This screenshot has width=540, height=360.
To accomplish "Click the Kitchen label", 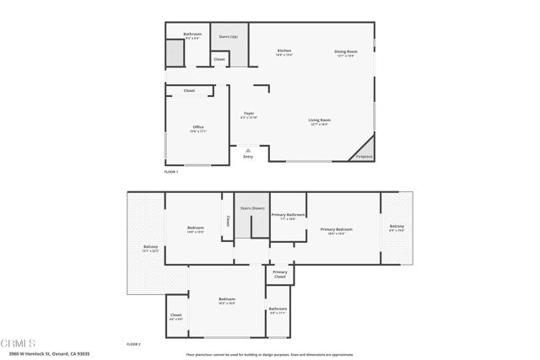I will tap(284, 52).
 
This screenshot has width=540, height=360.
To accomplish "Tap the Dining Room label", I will tap(347, 52).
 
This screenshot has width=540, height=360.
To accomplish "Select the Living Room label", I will tap(319, 121).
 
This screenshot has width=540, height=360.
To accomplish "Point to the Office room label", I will tap(198, 128).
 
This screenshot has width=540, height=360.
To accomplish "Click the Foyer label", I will tap(249, 114).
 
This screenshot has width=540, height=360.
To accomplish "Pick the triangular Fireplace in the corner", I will tap(364, 149).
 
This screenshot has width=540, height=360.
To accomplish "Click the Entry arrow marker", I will tap(248, 151).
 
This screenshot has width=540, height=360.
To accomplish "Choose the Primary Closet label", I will tap(280, 274).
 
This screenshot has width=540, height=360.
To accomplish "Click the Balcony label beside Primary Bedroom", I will tap(397, 227).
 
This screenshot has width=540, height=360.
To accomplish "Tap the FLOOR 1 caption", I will tap(172, 171).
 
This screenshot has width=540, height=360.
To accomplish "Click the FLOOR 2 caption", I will tap(133, 344).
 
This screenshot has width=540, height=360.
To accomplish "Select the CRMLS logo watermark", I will tap(19, 344).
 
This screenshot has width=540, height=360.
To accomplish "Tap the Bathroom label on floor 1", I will tap(192, 35).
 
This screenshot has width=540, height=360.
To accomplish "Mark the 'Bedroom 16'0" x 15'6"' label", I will tap(227, 301).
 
